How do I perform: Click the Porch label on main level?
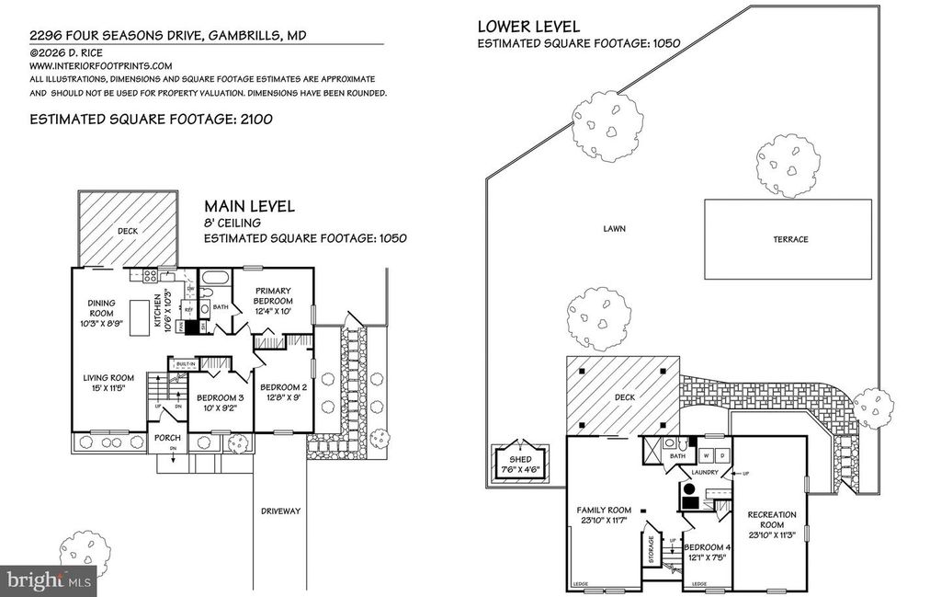tap(167, 438)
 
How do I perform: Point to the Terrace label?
tap(790, 240)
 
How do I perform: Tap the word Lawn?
tap(615, 228)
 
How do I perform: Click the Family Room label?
tap(604, 516)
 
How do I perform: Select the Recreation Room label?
tap(771, 521)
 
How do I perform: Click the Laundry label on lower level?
tap(704, 474)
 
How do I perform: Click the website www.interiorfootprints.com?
tap(101, 66)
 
